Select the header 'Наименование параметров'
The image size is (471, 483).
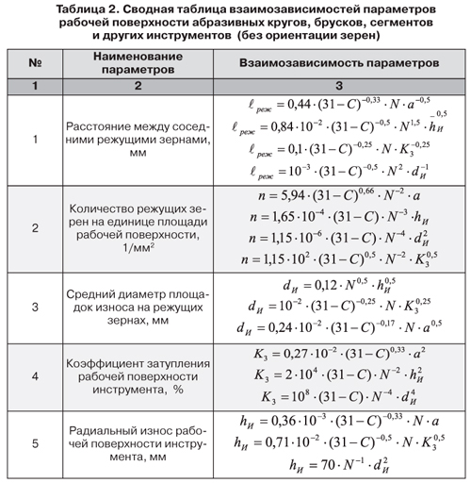pos(138,65)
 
